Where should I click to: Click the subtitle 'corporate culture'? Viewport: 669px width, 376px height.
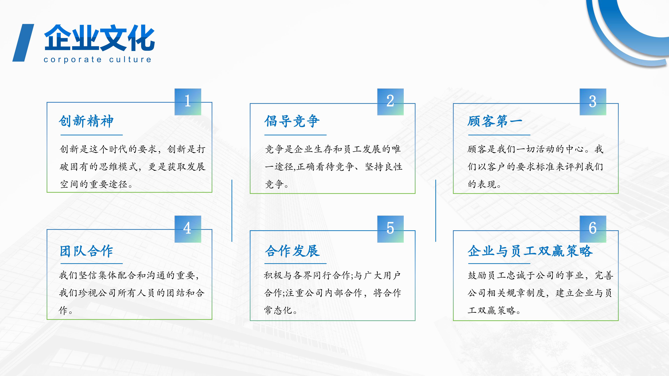(97, 60)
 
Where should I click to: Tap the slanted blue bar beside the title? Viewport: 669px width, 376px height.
(23, 43)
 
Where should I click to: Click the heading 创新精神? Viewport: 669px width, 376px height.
(86, 121)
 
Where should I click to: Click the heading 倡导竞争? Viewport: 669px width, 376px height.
(292, 121)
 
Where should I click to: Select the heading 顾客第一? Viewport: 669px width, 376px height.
(495, 121)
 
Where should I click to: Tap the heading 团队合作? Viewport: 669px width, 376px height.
(86, 251)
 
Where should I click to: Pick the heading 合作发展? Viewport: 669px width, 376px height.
(292, 251)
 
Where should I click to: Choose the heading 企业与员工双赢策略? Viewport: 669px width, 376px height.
(530, 251)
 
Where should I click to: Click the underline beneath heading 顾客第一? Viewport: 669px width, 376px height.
(499, 135)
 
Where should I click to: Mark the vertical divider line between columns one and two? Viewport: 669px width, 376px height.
(232, 210)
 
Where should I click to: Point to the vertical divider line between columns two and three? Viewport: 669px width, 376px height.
(436, 210)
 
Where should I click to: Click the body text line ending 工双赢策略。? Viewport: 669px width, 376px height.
(494, 310)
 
